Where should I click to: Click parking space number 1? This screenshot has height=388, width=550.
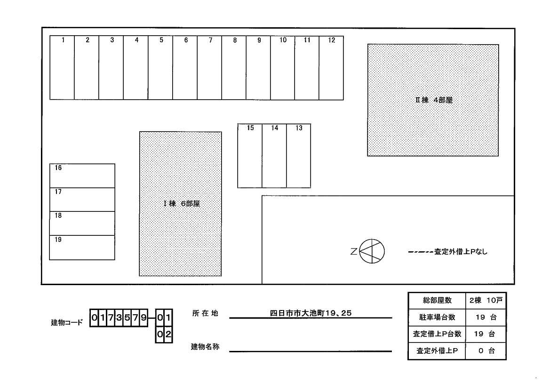tap(62, 68)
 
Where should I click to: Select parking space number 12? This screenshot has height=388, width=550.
tap(332, 68)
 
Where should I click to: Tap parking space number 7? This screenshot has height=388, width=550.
tap(210, 68)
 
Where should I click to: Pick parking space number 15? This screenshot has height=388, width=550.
tap(250, 156)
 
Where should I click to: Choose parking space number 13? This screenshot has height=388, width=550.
tap(299, 156)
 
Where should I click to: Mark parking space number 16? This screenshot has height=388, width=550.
tap(82, 176)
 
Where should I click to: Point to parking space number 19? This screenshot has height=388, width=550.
tap(82, 248)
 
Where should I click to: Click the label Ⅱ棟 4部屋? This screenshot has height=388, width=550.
tap(433, 100)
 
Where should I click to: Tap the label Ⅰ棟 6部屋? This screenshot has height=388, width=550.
tap(181, 204)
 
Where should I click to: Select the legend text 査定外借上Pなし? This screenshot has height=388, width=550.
tap(461, 252)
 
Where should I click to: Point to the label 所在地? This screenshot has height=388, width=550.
tap(205, 313)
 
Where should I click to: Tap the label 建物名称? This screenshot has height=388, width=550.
tap(205, 347)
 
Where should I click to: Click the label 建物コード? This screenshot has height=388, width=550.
tap(66, 323)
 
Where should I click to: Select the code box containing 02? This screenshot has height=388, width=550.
tap(164, 334)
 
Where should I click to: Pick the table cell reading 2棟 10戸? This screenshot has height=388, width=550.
tap(486, 300)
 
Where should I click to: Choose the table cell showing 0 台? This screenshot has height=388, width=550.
tap(486, 351)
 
